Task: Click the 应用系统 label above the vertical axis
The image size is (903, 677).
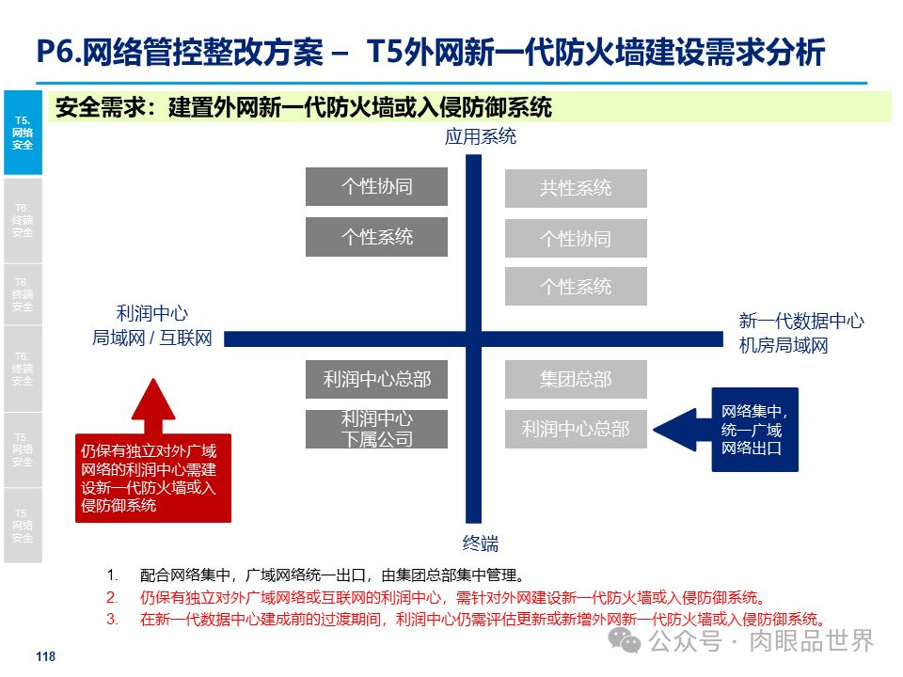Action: (481, 137)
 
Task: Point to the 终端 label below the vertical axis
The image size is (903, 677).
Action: (480, 543)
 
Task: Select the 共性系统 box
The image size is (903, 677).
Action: (576, 188)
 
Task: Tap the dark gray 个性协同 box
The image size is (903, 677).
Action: (376, 186)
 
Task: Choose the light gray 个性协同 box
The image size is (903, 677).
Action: (576, 239)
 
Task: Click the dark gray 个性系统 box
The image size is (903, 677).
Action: (376, 237)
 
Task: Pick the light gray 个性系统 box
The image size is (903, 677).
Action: (576, 287)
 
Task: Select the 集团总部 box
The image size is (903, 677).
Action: (576, 379)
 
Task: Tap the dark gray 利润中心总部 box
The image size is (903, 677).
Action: (376, 379)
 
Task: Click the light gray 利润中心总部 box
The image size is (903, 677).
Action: (576, 429)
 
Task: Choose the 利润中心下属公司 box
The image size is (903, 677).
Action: (376, 429)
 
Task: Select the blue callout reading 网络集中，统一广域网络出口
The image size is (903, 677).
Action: (754, 430)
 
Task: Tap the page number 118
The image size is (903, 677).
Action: (45, 657)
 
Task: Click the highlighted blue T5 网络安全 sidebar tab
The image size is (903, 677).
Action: (23, 133)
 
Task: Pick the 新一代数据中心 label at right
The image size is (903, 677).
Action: (800, 321)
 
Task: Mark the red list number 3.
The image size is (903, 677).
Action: (112, 620)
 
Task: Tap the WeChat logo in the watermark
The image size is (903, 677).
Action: (623, 640)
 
